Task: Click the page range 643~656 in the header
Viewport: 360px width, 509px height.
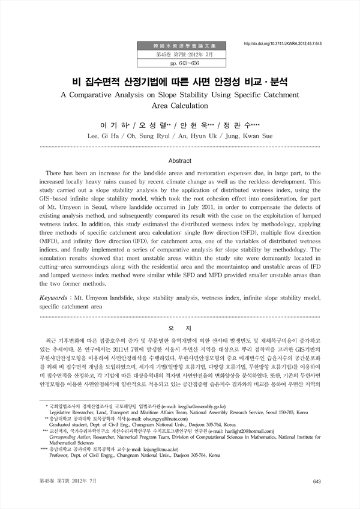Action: point(182,64)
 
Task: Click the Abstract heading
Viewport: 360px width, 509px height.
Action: point(179,161)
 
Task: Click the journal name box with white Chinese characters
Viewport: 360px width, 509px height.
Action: point(182,45)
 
